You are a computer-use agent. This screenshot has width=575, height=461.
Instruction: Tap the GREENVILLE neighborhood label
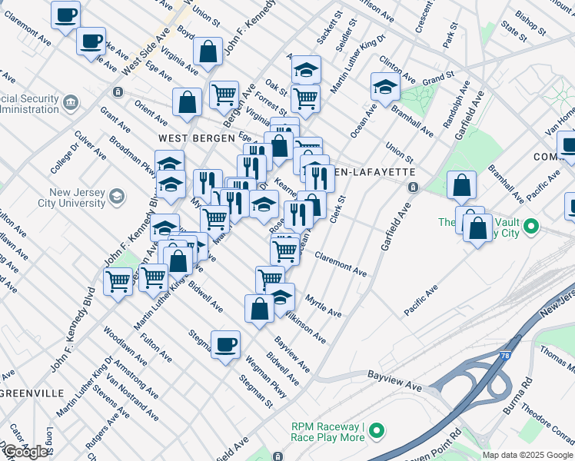(x=32, y=393)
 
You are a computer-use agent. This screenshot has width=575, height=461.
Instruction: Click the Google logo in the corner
(x=25, y=452)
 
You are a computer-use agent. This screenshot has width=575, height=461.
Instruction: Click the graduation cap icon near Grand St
(x=384, y=86)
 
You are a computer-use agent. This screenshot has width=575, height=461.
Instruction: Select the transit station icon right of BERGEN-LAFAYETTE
(x=413, y=187)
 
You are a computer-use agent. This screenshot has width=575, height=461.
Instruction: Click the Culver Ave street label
(x=89, y=145)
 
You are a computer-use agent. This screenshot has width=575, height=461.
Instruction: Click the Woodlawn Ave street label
(x=115, y=342)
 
